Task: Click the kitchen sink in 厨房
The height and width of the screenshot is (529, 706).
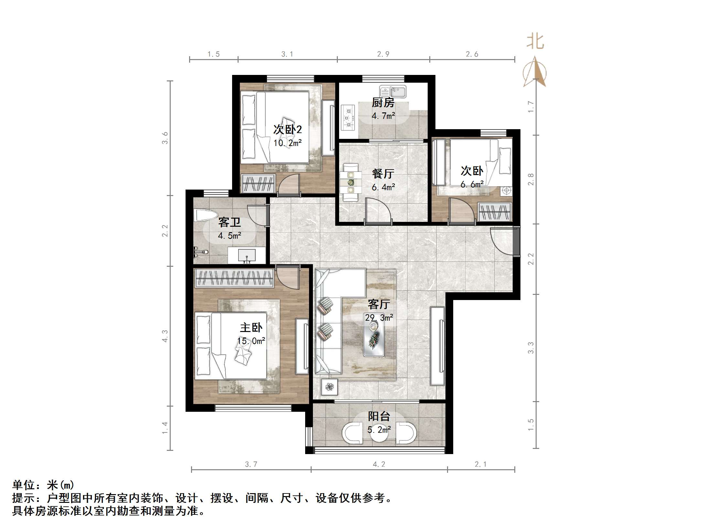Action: point(393,91)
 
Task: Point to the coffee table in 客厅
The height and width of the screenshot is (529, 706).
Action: point(374,339)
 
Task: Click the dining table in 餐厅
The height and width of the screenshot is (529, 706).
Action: point(350,183)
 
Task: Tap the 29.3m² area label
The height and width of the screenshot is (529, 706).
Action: point(379,318)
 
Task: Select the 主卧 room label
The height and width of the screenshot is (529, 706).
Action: point(251,327)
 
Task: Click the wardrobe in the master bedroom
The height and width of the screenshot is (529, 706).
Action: point(234,278)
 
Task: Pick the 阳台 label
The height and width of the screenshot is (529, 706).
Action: point(379,416)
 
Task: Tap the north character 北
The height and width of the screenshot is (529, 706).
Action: point(535,42)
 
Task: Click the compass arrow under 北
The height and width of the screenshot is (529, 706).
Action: point(535,72)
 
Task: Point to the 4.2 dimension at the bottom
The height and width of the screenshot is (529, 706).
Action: point(379,464)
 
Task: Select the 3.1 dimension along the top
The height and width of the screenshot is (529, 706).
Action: point(287,54)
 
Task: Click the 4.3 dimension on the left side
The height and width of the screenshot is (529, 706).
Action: point(165,336)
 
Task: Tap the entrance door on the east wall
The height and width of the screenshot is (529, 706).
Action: point(516,241)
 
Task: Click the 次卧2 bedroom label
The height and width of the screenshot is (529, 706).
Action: point(287,130)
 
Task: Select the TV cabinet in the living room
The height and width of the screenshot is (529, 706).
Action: point(437,346)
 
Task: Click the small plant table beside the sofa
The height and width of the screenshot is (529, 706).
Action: point(329,387)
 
